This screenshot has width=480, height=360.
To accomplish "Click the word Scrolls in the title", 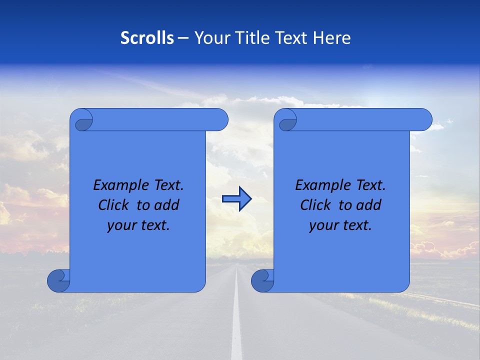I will (147, 38).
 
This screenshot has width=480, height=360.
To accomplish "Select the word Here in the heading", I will (332, 38).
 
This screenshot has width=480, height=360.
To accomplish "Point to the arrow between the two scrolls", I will (236, 199).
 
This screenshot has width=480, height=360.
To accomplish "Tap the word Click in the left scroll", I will (113, 205).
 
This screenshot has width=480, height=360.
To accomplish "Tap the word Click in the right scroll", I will (315, 205).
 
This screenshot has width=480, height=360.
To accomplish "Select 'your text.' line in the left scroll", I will (138, 225).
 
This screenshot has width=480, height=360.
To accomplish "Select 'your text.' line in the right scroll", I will (340, 225).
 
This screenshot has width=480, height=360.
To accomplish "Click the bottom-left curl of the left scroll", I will (59, 280).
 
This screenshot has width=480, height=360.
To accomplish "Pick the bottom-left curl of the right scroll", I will (262, 280).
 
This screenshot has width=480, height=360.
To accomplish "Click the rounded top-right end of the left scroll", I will (220, 119).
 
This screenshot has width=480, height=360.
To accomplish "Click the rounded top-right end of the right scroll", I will (424, 119).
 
